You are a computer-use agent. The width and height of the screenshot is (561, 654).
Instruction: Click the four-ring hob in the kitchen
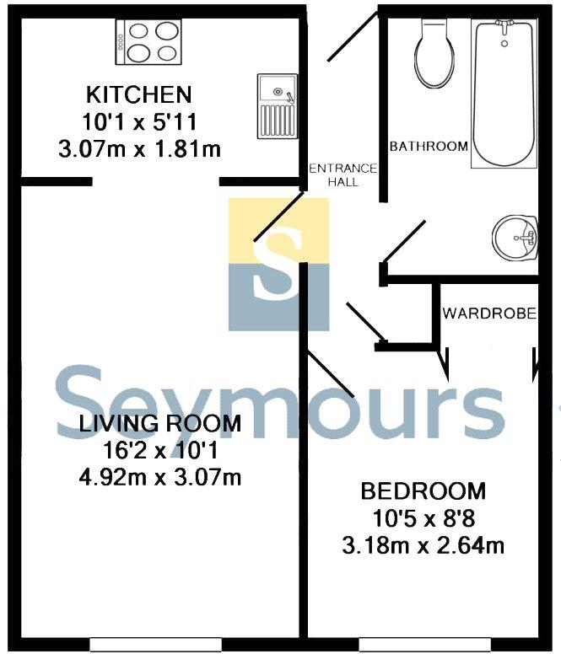149,42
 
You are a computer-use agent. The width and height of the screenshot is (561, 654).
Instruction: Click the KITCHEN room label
138,93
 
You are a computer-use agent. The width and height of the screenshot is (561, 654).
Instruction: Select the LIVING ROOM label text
159,422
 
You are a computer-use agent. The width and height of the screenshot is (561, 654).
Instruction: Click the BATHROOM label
428,147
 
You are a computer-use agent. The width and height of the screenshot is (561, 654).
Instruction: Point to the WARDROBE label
489,314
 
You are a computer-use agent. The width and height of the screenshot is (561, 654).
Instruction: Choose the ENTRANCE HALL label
343,174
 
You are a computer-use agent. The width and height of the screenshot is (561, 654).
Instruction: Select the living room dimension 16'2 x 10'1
159,450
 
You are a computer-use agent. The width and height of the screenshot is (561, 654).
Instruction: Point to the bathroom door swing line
403,241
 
